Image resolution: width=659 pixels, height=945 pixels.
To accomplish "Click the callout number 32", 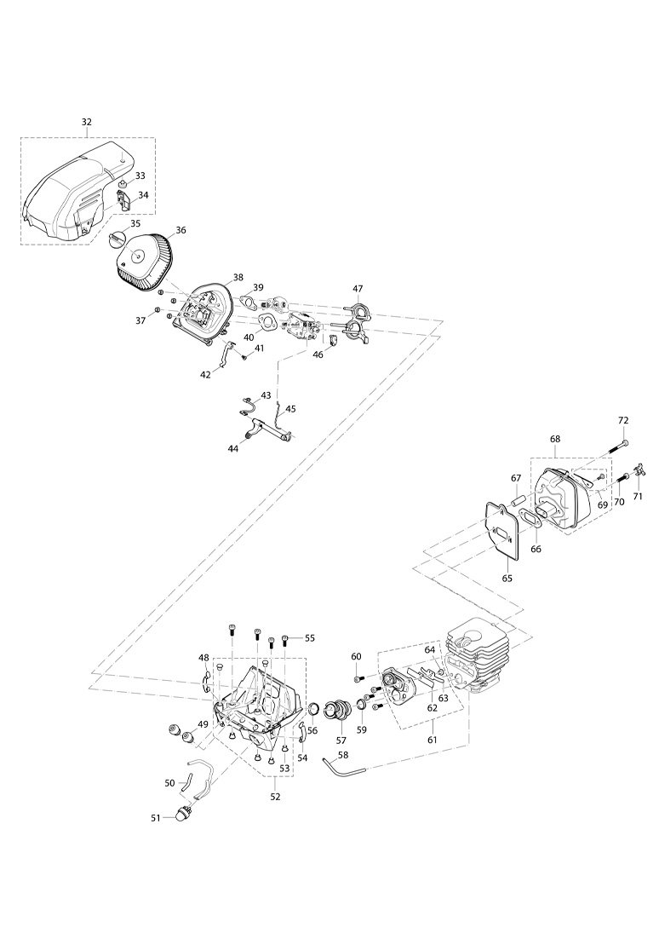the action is pos(87,122).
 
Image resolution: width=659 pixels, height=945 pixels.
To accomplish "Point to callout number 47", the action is pos(358,289).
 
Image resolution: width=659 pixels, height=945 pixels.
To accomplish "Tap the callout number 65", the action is pos(507,579).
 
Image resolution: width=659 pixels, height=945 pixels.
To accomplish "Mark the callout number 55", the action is pos(310,637).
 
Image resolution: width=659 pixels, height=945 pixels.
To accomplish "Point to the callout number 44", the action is pos(233,448).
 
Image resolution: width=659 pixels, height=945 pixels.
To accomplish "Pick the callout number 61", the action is pos(432,740).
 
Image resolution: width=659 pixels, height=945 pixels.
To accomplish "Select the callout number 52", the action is pos(275,797).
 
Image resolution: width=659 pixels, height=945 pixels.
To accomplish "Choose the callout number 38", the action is pos(238,277).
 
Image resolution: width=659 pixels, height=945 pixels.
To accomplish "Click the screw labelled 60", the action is pos(358,678).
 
